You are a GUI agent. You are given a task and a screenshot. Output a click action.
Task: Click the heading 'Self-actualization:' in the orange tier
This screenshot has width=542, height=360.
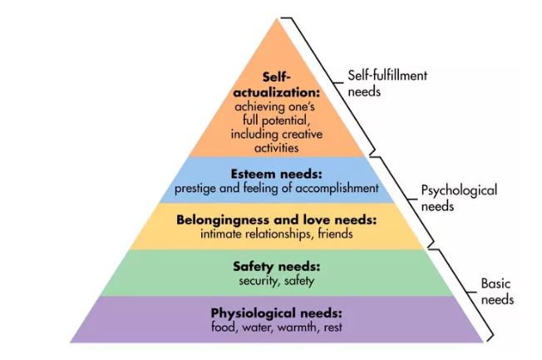coord(277,84)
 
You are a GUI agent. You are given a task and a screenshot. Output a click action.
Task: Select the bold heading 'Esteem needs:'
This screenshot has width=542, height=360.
coord(276,174)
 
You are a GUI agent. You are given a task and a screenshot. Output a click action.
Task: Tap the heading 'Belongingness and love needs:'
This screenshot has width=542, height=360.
coord(276,220)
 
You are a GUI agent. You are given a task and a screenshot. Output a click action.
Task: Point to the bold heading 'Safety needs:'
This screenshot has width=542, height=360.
coord(277,267)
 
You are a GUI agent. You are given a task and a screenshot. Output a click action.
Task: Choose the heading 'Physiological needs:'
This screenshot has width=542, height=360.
coord(277,313)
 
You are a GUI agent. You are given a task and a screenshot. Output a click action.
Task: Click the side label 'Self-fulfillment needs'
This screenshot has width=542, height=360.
coord(387,83)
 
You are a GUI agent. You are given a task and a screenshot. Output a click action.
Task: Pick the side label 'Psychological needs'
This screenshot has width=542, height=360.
coord(459,198)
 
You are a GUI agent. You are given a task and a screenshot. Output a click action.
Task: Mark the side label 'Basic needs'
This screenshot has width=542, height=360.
coord(497,292)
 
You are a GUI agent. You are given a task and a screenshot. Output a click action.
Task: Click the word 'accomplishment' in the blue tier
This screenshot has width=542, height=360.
coord(337,189)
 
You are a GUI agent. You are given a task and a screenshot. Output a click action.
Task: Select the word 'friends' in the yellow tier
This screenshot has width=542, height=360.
coord(335,234)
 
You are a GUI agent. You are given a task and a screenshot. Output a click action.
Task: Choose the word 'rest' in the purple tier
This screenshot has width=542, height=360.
coord(333,328)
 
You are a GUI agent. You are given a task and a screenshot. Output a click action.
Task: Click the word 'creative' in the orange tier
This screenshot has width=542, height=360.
coord(302,134)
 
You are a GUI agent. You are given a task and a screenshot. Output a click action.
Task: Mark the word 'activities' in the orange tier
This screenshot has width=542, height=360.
coord(277,148)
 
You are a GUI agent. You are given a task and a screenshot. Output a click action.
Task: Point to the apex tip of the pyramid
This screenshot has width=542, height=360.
coord(277,18)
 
